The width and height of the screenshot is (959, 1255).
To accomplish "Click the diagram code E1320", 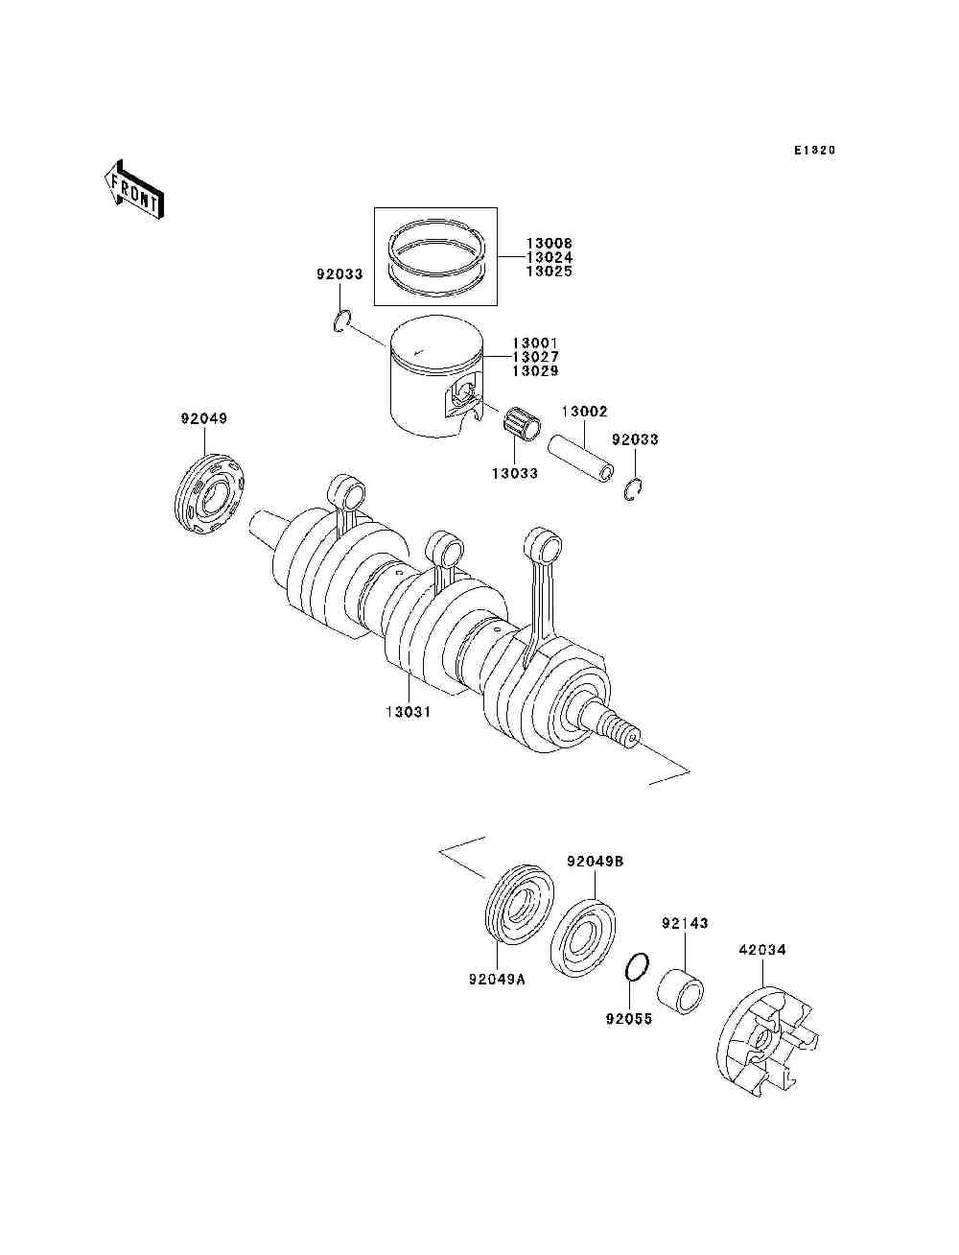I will pos(814,151).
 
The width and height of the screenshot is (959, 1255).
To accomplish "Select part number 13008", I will pos(549,245).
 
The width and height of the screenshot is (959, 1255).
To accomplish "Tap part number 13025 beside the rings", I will pos(549,272).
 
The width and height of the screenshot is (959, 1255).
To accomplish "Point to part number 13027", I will pos(534,357).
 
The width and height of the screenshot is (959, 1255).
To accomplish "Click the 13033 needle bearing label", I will pos(515,473).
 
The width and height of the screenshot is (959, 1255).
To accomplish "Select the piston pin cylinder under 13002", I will pos(580,460).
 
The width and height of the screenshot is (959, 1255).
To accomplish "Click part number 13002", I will pos(584,412).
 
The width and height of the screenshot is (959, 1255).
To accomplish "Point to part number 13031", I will pos(409,712).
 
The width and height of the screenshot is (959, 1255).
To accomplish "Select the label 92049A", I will pos(497,980).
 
